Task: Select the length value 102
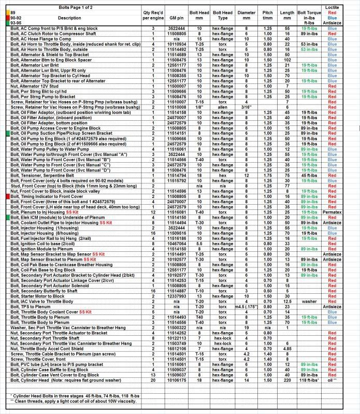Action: click(x=287, y=60)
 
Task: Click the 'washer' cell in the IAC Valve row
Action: click(x=310, y=301)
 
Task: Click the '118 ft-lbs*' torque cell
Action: click(x=310, y=395)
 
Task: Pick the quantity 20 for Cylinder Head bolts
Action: click(x=153, y=395)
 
